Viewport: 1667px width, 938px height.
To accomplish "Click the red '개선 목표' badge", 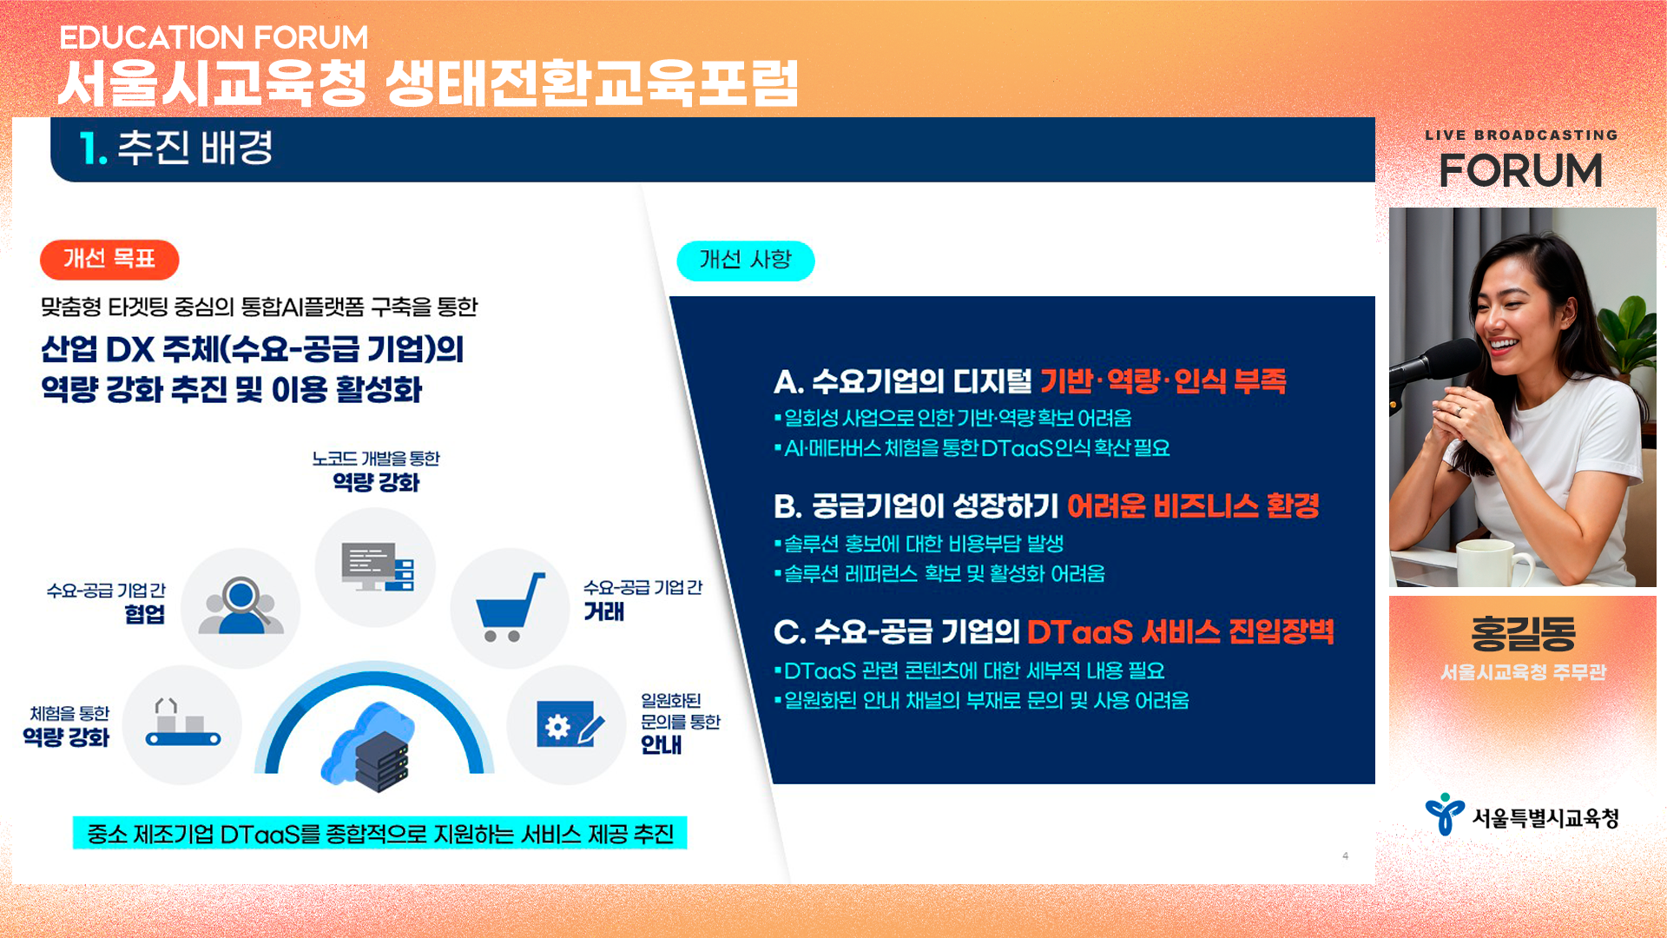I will click(109, 259).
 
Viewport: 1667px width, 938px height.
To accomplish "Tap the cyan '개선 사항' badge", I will click(745, 260).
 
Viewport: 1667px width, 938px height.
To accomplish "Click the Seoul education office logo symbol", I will click(1444, 814).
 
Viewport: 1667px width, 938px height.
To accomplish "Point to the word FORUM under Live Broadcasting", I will click(1521, 170).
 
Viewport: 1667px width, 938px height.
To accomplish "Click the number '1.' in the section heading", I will click(93, 149).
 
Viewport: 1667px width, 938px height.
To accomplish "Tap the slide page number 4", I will click(1345, 855).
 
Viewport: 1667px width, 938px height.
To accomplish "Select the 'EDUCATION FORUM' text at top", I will click(214, 37).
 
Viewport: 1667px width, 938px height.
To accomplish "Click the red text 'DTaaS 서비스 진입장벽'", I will click(1180, 631).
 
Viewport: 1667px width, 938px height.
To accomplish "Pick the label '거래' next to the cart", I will click(604, 611).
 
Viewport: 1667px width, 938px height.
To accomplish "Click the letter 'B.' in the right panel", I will click(787, 505).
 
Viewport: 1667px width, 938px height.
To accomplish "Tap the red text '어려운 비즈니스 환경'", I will click(1192, 505).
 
